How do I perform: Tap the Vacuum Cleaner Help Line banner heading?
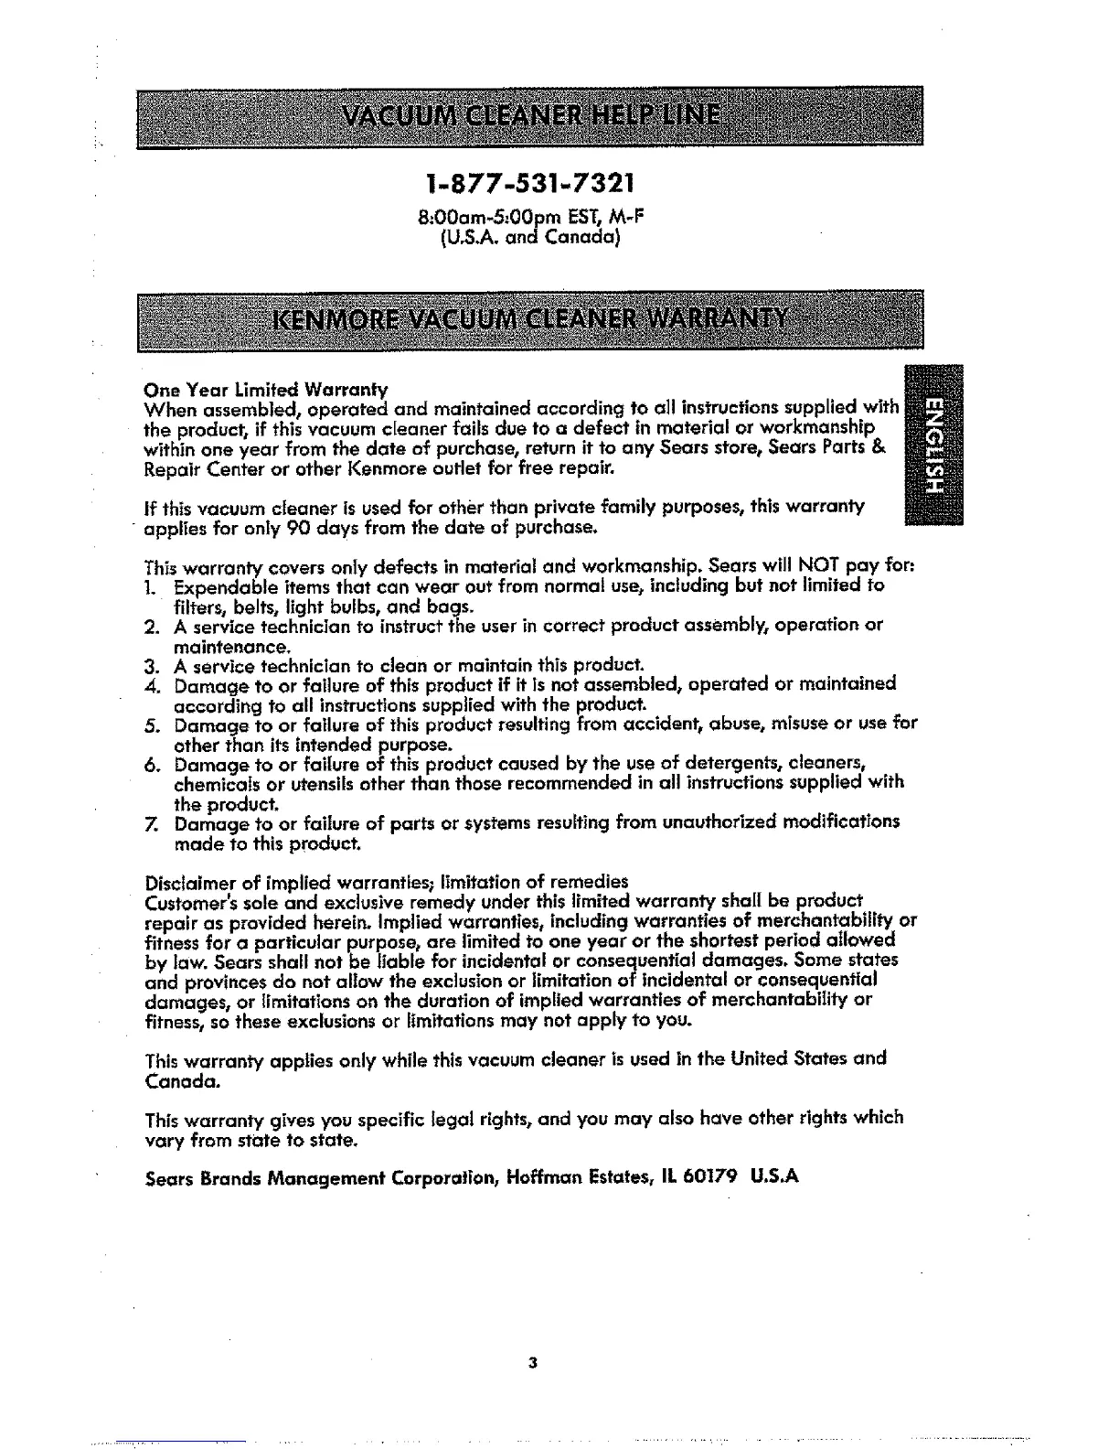tap(529, 117)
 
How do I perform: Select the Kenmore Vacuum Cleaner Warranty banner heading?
tap(529, 319)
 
